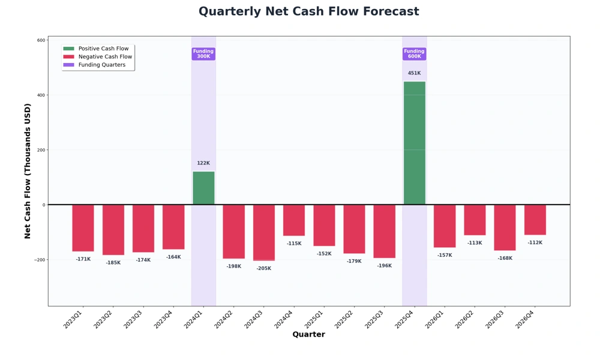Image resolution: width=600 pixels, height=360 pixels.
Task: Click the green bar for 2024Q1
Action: [203, 188]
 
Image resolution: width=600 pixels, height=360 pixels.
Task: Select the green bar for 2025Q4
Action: [414, 143]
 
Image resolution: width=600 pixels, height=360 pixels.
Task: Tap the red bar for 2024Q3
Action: [263, 233]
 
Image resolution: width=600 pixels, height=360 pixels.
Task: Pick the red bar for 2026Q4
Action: [535, 220]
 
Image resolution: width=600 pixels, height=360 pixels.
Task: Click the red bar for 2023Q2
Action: [113, 230]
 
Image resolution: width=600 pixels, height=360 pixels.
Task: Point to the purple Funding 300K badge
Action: [203, 54]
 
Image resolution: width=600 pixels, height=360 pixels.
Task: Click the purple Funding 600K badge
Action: [414, 54]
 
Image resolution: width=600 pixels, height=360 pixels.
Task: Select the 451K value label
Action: [414, 73]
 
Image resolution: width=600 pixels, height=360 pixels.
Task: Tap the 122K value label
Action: [203, 163]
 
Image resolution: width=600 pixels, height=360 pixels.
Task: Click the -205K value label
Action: [263, 268]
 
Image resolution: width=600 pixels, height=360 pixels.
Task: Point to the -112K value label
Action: [535, 243]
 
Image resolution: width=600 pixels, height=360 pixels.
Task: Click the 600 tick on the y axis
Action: [41, 40]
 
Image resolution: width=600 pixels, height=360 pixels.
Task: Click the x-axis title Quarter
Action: [308, 335]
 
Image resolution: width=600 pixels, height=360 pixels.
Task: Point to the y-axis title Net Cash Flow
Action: [28, 171]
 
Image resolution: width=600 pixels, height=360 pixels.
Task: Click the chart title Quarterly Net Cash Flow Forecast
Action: [308, 12]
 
